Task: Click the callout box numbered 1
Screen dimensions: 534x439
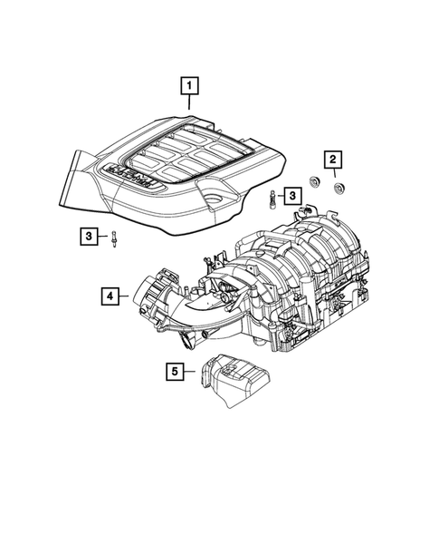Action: tap(189, 87)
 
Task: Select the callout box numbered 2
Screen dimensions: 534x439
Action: tap(333, 161)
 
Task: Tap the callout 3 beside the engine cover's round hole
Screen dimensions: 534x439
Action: tap(292, 195)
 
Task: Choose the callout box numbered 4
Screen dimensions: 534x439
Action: tap(110, 296)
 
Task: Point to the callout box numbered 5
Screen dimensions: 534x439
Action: tap(176, 370)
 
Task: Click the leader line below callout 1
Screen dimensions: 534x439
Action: tap(189, 104)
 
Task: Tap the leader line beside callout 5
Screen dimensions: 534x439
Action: tap(192, 370)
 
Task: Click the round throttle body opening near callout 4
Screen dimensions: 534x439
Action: tap(148, 294)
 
